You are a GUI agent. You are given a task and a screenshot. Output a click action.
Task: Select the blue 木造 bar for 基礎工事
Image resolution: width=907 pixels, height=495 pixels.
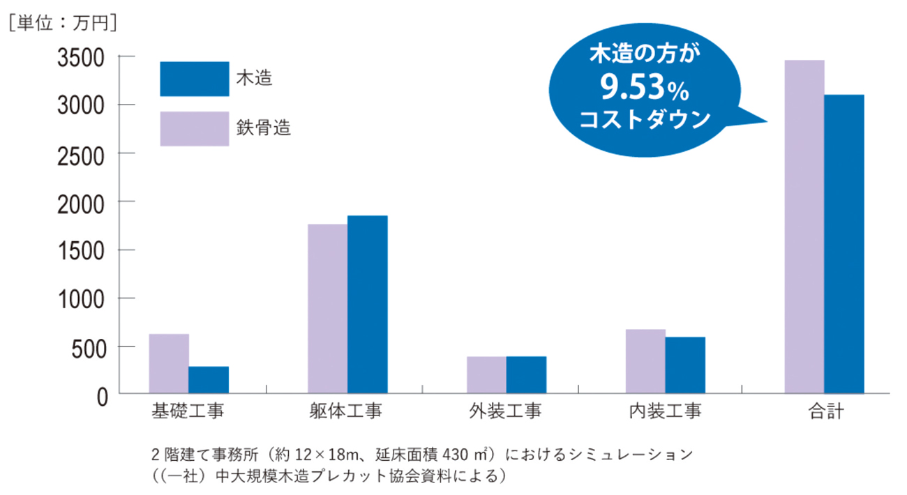pos(209,380)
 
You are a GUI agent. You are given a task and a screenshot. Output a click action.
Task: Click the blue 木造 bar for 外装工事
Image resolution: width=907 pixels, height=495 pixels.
pos(526,375)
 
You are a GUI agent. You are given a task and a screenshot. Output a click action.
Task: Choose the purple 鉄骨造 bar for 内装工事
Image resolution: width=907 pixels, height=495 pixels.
pos(645,361)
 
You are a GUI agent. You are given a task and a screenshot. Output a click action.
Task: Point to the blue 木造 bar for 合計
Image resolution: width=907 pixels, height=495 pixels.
pos(844,244)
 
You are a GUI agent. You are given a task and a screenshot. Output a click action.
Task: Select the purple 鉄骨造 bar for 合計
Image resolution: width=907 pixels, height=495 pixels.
pos(804,227)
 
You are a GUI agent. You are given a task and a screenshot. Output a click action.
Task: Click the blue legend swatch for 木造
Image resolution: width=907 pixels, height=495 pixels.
pos(195,79)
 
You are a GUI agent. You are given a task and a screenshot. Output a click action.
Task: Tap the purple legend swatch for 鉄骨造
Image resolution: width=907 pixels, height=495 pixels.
pos(195,128)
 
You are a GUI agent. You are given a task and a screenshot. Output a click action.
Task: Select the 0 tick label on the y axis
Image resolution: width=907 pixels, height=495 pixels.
pos(102,395)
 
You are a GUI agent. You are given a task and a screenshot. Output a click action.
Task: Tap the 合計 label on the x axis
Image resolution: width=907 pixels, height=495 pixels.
pos(825,411)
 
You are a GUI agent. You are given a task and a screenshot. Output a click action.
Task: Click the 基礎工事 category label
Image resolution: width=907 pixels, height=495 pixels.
pos(188,411)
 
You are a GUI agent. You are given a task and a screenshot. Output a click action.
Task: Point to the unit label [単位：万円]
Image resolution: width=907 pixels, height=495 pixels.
pos(62,22)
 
